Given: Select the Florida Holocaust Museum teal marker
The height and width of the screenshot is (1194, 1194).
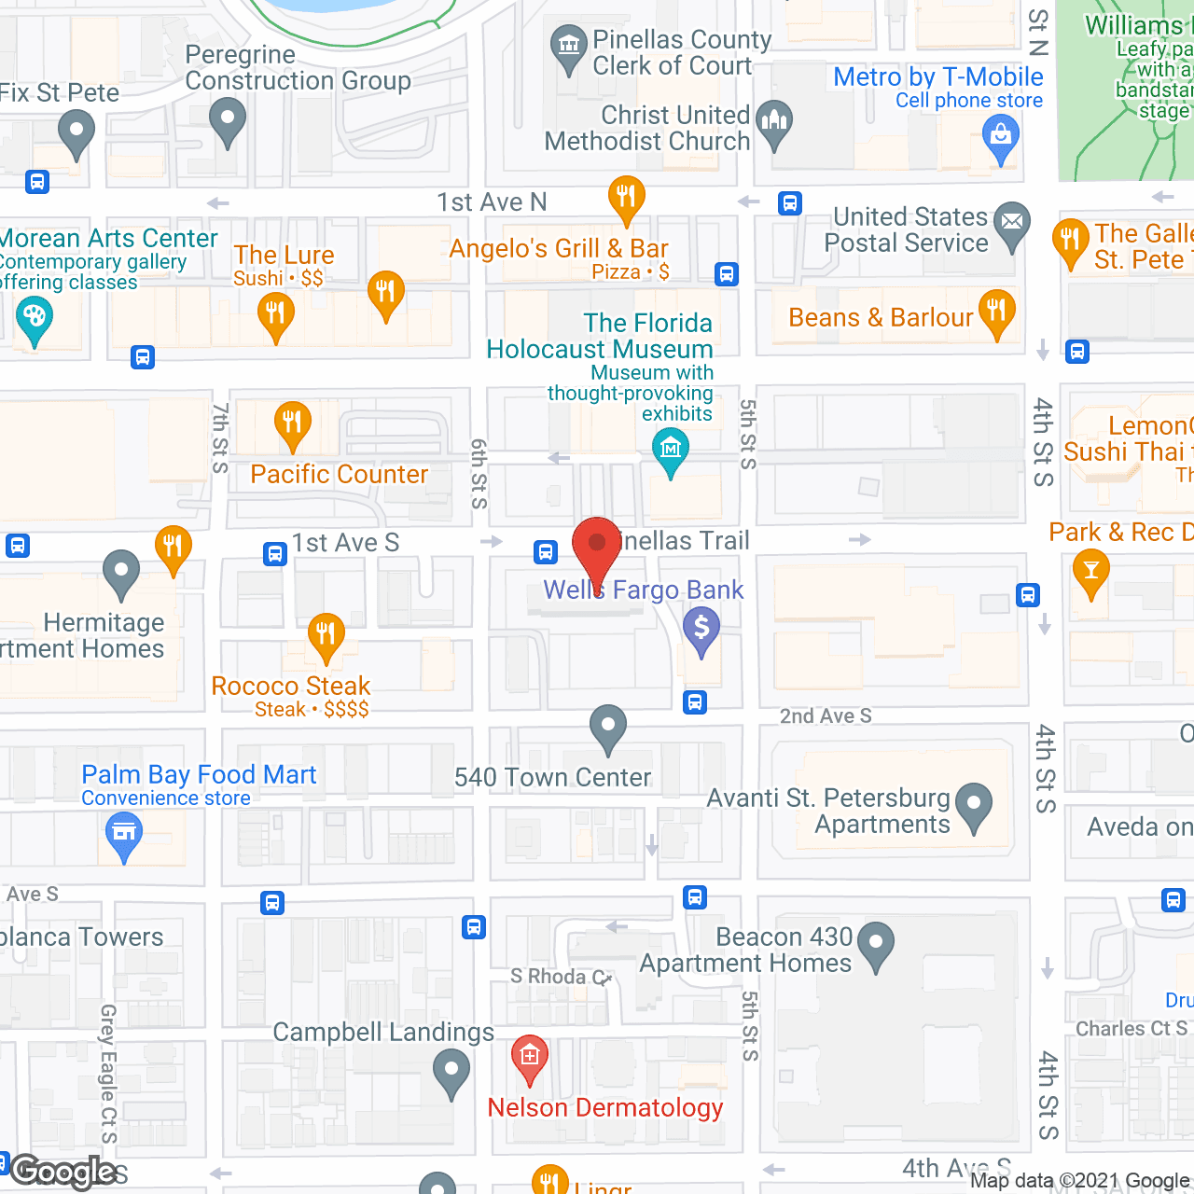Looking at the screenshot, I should tap(671, 450).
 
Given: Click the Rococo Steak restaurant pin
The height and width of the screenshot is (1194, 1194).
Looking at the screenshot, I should tap(326, 634).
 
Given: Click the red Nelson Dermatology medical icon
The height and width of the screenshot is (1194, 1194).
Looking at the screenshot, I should tap(530, 1056).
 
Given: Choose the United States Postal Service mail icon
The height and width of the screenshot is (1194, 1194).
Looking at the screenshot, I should tap(1012, 223).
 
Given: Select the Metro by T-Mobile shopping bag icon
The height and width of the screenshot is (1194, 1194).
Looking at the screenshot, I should tap(1001, 136).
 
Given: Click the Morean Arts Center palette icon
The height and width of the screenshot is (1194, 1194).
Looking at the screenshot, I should tap(35, 317).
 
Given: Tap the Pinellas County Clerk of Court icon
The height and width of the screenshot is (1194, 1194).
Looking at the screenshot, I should tap(567, 46).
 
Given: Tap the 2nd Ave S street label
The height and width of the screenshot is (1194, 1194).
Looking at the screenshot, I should tap(826, 715).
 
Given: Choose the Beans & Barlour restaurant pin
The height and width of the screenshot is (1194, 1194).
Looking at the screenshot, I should tap(997, 310).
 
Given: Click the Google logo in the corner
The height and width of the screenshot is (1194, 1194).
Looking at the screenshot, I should tap(63, 1172).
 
